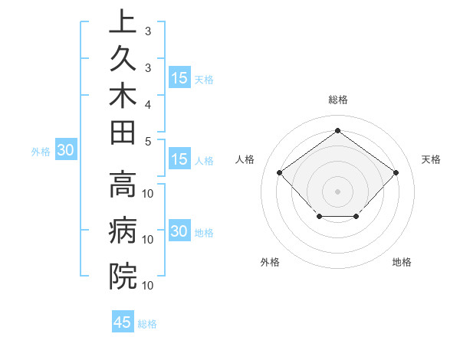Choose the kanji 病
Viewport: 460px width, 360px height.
coord(123,231)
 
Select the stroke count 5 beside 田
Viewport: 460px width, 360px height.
coord(148,142)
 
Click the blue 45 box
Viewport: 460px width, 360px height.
coord(123,322)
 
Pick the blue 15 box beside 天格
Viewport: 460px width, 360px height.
coord(179,77)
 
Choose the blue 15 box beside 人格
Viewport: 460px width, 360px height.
coord(179,159)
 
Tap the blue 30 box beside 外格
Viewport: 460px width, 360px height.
coord(66,150)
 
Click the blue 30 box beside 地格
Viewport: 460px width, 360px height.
coord(179,231)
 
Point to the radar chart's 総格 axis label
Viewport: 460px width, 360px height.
coord(337,100)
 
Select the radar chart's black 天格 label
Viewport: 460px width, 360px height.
coord(431,159)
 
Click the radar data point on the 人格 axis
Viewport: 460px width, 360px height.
coord(279,173)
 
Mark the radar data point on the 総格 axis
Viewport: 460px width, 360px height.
coord(337,130)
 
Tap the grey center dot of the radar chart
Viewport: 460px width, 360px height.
coord(337,191)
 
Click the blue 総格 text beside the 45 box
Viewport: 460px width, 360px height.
coord(147,323)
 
